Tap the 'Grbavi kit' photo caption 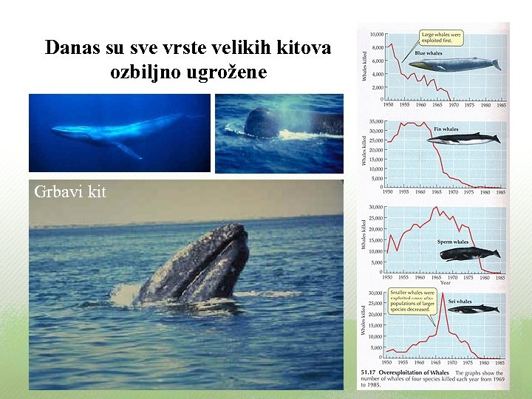coord(70,192)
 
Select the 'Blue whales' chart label coord(429,53)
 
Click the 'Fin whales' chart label coord(446,129)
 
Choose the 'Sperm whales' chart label coord(452,242)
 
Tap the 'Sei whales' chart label coord(459,301)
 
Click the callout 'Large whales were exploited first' coord(440,38)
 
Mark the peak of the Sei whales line coord(443,294)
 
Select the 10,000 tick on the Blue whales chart coord(376,34)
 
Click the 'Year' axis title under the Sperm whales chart coord(445,282)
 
